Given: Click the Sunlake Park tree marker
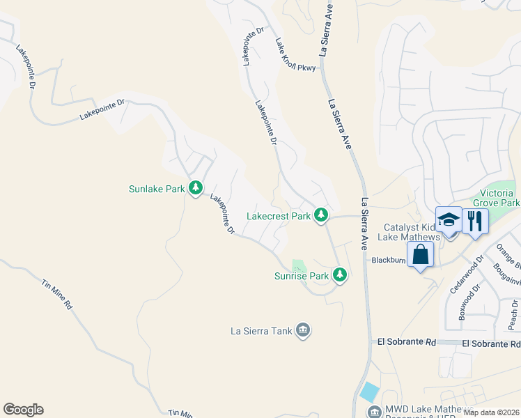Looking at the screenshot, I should coord(196,187).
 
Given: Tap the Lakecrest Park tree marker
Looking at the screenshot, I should coord(321,215).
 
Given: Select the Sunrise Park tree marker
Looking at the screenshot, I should coord(339,274).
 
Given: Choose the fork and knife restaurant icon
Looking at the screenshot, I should coord(476,221).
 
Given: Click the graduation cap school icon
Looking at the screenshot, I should coord(449,219).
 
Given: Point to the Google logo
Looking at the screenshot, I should coord(23,410).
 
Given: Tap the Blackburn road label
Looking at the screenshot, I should coord(388,261).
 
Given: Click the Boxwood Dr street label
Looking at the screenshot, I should coord(465,300).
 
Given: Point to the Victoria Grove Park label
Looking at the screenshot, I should coord(496,198).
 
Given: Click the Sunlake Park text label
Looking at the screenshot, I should coord(157,188).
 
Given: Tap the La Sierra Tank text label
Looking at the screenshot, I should coord(260,330).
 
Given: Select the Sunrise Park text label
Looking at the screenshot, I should coord(300,276).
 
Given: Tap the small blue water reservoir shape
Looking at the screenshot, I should coord(370,392).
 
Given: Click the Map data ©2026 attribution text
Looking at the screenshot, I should coord(491,412).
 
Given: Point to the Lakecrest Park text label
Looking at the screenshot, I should coord(279,216).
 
